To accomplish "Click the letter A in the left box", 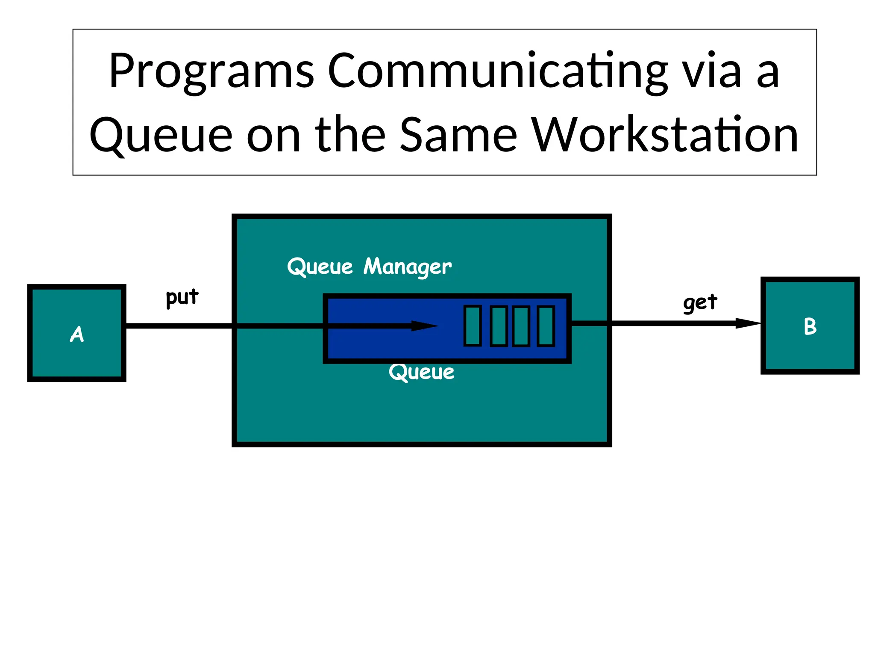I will [x=77, y=334].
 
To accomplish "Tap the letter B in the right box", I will [x=810, y=326].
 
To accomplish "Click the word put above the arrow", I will [x=182, y=297].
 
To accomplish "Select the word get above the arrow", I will [x=700, y=303].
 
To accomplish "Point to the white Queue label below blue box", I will [x=421, y=372].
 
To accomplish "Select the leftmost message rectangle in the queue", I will [x=473, y=326].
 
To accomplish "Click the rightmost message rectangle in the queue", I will [x=546, y=326].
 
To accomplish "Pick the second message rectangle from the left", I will [x=498, y=326].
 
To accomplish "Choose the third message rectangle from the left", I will [x=521, y=326].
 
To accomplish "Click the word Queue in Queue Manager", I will [x=320, y=267].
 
